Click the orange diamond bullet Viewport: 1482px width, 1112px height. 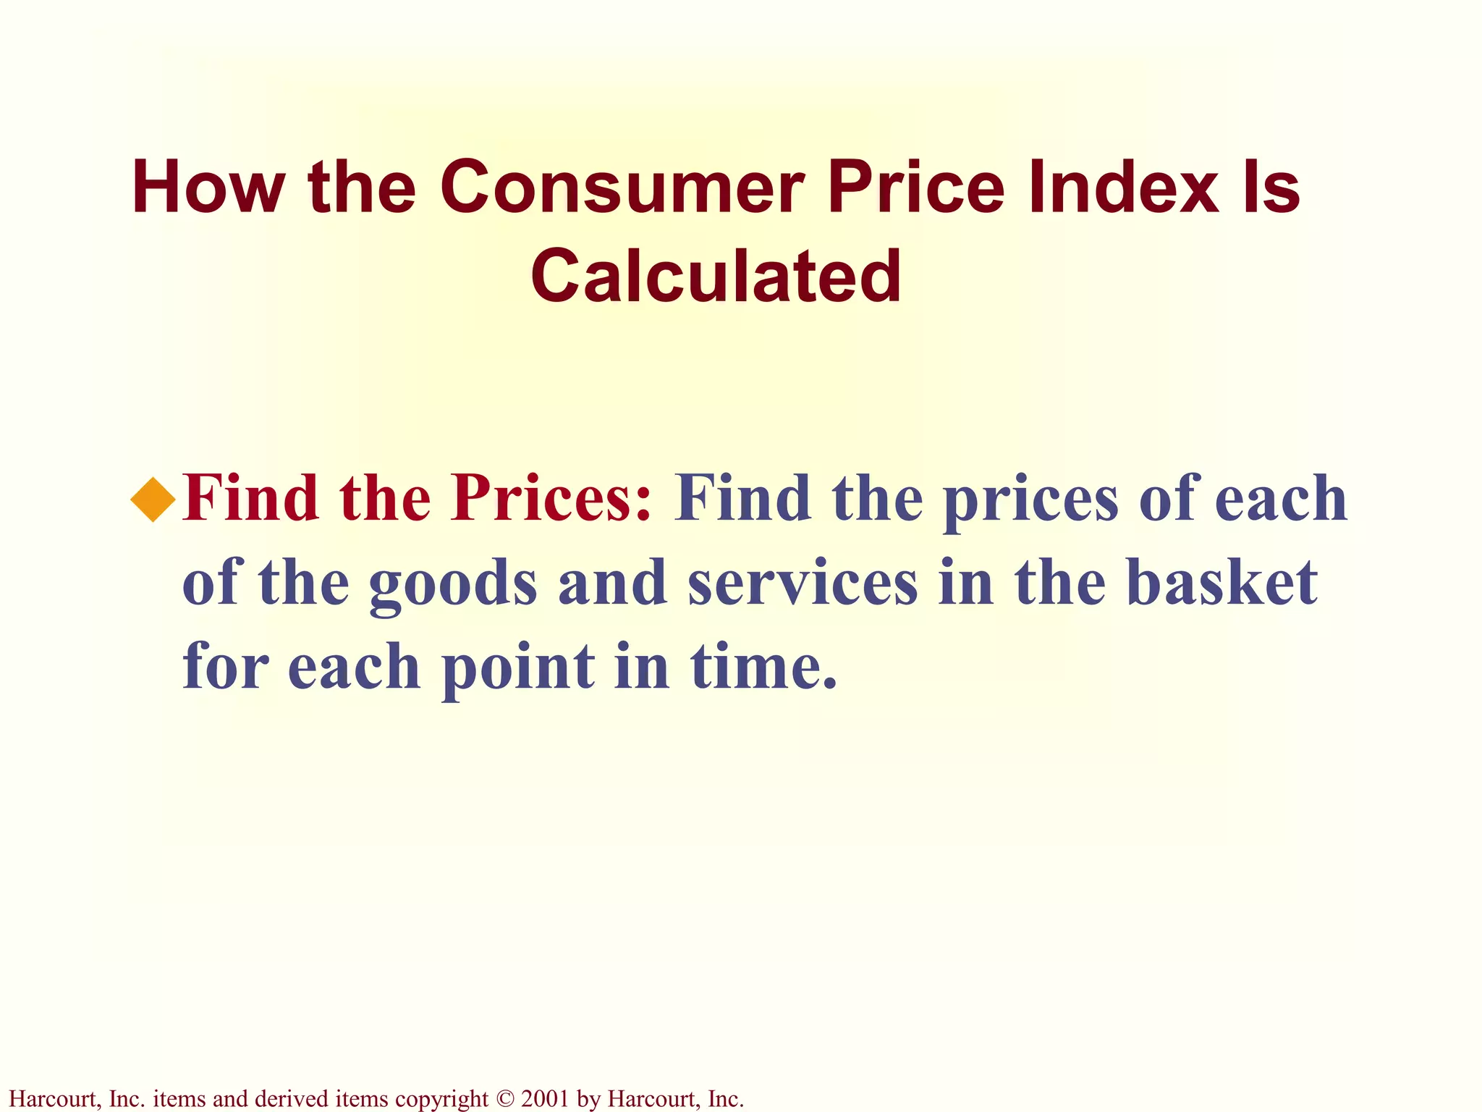(x=153, y=500)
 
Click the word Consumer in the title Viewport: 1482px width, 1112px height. (x=622, y=188)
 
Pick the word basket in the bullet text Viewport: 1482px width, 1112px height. (x=1222, y=583)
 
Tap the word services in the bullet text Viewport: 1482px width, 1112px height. (x=803, y=583)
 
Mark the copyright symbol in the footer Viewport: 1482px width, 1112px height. (x=504, y=1099)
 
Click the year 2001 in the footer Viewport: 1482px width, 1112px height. (x=544, y=1099)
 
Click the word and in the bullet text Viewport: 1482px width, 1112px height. (x=612, y=583)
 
